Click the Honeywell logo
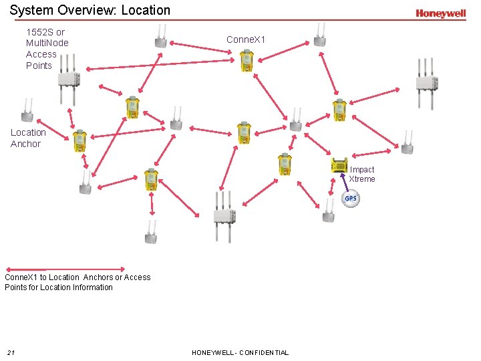440,13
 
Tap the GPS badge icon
351,199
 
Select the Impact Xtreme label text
362,174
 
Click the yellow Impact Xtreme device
339,164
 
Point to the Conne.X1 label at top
246,40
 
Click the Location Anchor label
28,138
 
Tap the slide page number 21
11,352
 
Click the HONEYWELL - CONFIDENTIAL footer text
240,352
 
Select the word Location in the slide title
146,10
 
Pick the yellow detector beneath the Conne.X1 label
246,62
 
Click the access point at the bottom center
222,215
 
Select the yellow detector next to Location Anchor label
79,140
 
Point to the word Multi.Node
47,43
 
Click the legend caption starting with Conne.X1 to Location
77,282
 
